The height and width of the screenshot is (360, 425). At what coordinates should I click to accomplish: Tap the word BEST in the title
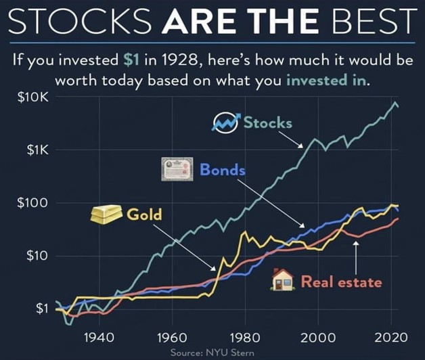pyautogui.click(x=375, y=22)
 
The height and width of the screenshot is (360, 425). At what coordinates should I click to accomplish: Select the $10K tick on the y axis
pyautogui.click(x=33, y=98)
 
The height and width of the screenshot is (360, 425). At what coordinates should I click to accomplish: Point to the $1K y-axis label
pyautogui.click(x=38, y=150)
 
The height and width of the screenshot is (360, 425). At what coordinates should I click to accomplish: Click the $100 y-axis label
pyautogui.click(x=33, y=203)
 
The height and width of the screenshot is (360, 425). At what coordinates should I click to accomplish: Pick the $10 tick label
pyautogui.click(x=38, y=256)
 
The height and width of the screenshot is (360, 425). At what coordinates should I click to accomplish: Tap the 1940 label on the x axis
pyautogui.click(x=99, y=338)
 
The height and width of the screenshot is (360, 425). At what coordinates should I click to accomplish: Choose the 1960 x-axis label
pyautogui.click(x=172, y=338)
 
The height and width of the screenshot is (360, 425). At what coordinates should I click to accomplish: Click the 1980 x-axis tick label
pyautogui.click(x=245, y=338)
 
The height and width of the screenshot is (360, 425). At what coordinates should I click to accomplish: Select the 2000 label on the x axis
pyautogui.click(x=318, y=338)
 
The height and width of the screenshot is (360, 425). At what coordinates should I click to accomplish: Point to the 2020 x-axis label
pyautogui.click(x=391, y=338)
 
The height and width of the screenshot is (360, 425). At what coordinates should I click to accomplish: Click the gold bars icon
pyautogui.click(x=106, y=214)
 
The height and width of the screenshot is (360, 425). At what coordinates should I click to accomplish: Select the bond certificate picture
pyautogui.click(x=177, y=169)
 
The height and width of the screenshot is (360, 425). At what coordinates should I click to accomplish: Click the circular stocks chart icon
pyautogui.click(x=226, y=123)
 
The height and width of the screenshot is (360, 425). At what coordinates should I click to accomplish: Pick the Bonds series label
pyautogui.click(x=223, y=170)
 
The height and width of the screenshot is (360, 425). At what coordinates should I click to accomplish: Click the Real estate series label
pyautogui.click(x=342, y=282)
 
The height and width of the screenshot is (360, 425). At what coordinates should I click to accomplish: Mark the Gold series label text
pyautogui.click(x=144, y=215)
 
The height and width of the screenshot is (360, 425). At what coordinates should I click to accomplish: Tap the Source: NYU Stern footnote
pyautogui.click(x=212, y=353)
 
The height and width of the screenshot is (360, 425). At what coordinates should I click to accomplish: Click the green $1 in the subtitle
pyautogui.click(x=131, y=60)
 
